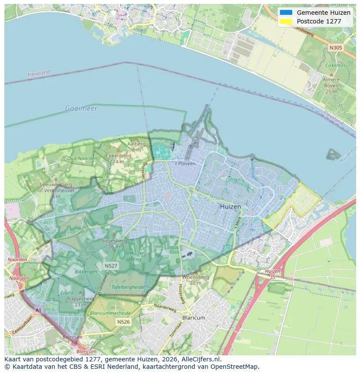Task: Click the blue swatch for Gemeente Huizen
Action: click(286, 13)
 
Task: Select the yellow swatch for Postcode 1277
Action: click(286, 21)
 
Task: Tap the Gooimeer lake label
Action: click(81, 108)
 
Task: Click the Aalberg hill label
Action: click(136, 144)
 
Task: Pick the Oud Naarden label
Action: click(82, 158)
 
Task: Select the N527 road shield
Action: click(110, 265)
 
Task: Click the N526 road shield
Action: click(123, 322)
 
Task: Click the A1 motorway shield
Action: click(38, 310)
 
